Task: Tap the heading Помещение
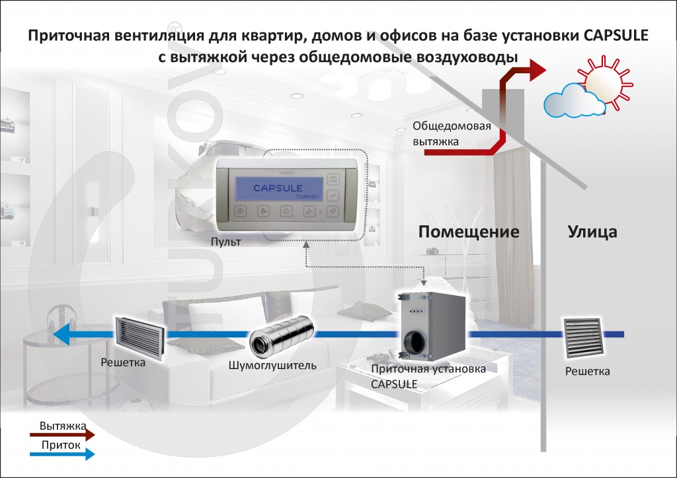point(468,232)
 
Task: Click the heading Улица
point(592,232)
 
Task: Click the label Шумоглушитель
point(272,365)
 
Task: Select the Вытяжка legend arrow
point(63,434)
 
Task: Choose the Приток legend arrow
point(63,454)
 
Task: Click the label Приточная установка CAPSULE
point(428,376)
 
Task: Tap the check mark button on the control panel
point(333,195)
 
